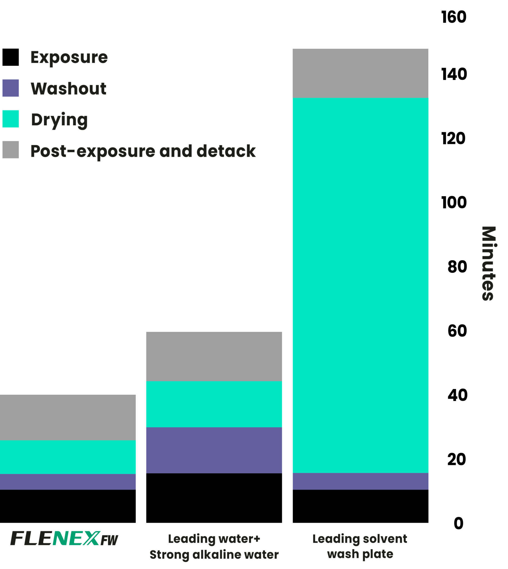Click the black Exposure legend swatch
11,57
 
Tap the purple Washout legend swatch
11,88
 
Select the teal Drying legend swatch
11,119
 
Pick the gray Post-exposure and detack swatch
11,149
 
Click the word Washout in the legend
68,89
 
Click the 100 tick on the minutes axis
454,202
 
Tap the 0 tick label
458,523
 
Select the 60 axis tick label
457,331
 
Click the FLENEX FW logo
64,538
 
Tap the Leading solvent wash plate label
360,546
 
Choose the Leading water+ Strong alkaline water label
214,546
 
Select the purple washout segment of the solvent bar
360,481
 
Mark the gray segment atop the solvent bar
360,73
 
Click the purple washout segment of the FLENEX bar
68,482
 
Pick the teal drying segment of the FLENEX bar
68,457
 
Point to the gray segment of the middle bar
214,356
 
